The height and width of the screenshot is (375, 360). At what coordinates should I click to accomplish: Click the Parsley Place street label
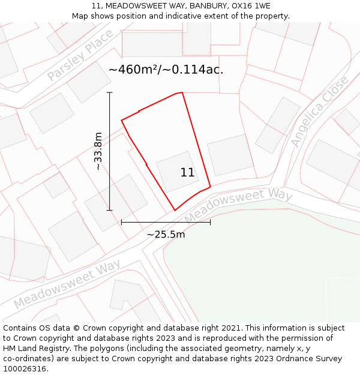click(x=80, y=56)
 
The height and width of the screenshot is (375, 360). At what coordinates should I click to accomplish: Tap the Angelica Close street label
click(x=319, y=112)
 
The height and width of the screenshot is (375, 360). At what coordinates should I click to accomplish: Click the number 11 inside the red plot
click(x=187, y=173)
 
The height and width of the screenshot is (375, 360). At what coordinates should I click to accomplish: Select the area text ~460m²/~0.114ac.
click(x=166, y=70)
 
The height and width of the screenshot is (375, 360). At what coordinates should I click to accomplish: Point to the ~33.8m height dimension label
click(x=98, y=151)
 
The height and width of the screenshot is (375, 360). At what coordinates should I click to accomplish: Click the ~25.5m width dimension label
click(x=166, y=235)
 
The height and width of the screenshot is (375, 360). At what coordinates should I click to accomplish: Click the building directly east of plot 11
click(x=230, y=154)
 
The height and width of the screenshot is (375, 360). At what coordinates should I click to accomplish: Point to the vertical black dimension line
click(x=110, y=151)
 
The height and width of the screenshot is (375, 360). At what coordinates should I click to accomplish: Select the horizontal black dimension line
click(x=166, y=222)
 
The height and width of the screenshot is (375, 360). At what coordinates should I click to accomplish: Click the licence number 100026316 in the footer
click(x=25, y=369)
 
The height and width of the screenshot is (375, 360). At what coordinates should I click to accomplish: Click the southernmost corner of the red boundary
click(x=175, y=210)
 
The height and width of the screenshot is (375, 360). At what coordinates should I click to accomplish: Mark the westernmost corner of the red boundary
click(x=122, y=121)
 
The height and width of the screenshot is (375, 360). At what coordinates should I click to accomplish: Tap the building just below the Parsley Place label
click(x=89, y=82)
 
